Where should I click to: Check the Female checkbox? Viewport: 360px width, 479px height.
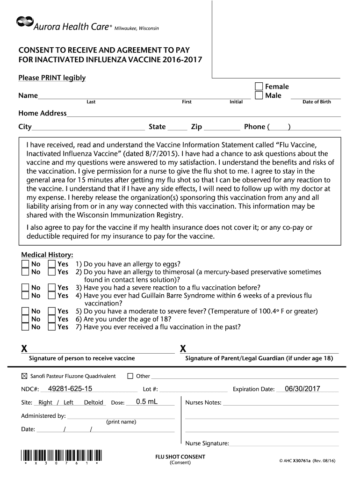pyautogui.click(x=259, y=87)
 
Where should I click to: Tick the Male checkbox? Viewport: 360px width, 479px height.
pyautogui.click(x=259, y=95)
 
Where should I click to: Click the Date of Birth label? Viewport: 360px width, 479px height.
pyautogui.click(x=317, y=102)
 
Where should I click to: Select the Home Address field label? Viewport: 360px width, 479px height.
pyautogui.click(x=43, y=113)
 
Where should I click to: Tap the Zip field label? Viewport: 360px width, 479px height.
pyautogui.click(x=196, y=127)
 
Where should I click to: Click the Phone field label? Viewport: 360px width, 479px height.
pyautogui.click(x=255, y=127)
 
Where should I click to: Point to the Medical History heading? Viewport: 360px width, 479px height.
pyautogui.click(x=47, y=255)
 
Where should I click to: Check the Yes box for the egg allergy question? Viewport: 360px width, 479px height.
pyautogui.click(x=51, y=264)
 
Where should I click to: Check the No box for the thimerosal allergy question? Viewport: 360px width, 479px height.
pyautogui.click(x=25, y=272)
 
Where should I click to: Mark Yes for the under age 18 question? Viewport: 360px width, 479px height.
pyautogui.click(x=51, y=319)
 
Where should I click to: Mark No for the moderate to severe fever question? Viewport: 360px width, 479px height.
pyautogui.click(x=25, y=311)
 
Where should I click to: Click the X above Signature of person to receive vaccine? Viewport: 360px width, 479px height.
pyautogui.click(x=24, y=349)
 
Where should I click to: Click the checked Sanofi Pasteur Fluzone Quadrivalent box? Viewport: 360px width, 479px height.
pyautogui.click(x=25, y=376)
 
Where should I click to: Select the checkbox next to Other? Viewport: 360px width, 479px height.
pyautogui.click(x=130, y=376)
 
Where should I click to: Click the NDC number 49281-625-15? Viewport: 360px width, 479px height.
pyautogui.click(x=70, y=389)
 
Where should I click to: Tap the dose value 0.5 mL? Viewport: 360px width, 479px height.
pyautogui.click(x=147, y=402)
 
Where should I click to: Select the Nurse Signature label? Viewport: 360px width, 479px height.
pyautogui.click(x=207, y=443)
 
